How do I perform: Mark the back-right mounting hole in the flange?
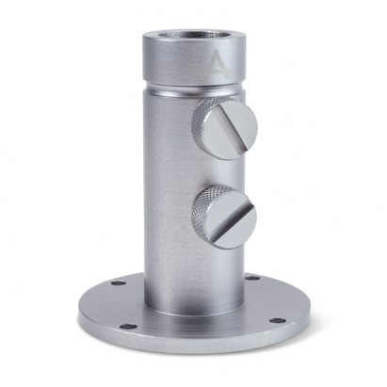point(252,279)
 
